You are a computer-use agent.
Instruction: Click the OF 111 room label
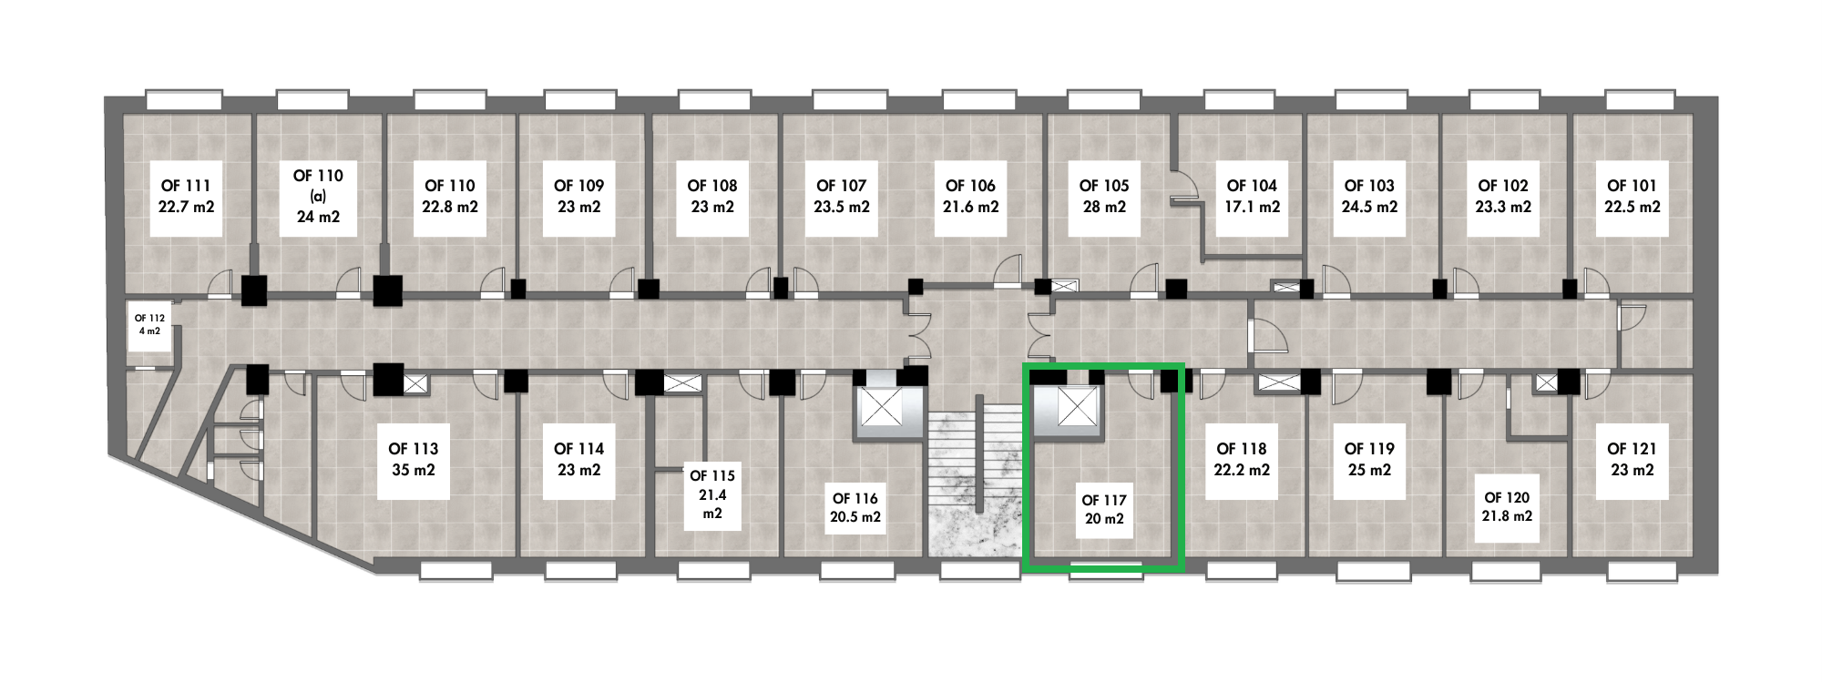pyautogui.click(x=186, y=197)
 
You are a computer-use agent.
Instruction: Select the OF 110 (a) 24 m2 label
pyautogui.click(x=318, y=196)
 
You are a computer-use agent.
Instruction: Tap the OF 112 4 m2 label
pyautogui.click(x=149, y=325)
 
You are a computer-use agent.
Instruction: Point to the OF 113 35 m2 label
pyautogui.click(x=413, y=460)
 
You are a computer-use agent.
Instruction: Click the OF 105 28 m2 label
pyautogui.click(x=1103, y=197)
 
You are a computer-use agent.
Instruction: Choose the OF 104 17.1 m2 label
pyautogui.click(x=1252, y=197)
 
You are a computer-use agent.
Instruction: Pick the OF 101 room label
pyautogui.click(x=1632, y=197)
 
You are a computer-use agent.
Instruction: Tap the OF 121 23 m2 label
pyautogui.click(x=1632, y=460)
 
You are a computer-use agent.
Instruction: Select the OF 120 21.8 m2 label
pyautogui.click(x=1507, y=507)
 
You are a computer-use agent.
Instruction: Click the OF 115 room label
pyautogui.click(x=711, y=494)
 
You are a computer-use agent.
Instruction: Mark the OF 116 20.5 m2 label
pyautogui.click(x=855, y=508)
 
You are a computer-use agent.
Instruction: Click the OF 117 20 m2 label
pyautogui.click(x=1103, y=510)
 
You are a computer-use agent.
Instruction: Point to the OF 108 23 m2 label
pyautogui.click(x=711, y=197)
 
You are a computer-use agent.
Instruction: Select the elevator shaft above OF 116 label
pyautogui.click(x=880, y=409)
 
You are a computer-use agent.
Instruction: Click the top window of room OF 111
pyautogui.click(x=184, y=99)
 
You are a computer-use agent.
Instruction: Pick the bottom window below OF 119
pyautogui.click(x=1373, y=572)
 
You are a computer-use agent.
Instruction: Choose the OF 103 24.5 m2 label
pyautogui.click(x=1368, y=197)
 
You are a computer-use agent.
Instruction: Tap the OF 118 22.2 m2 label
pyautogui.click(x=1242, y=460)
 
